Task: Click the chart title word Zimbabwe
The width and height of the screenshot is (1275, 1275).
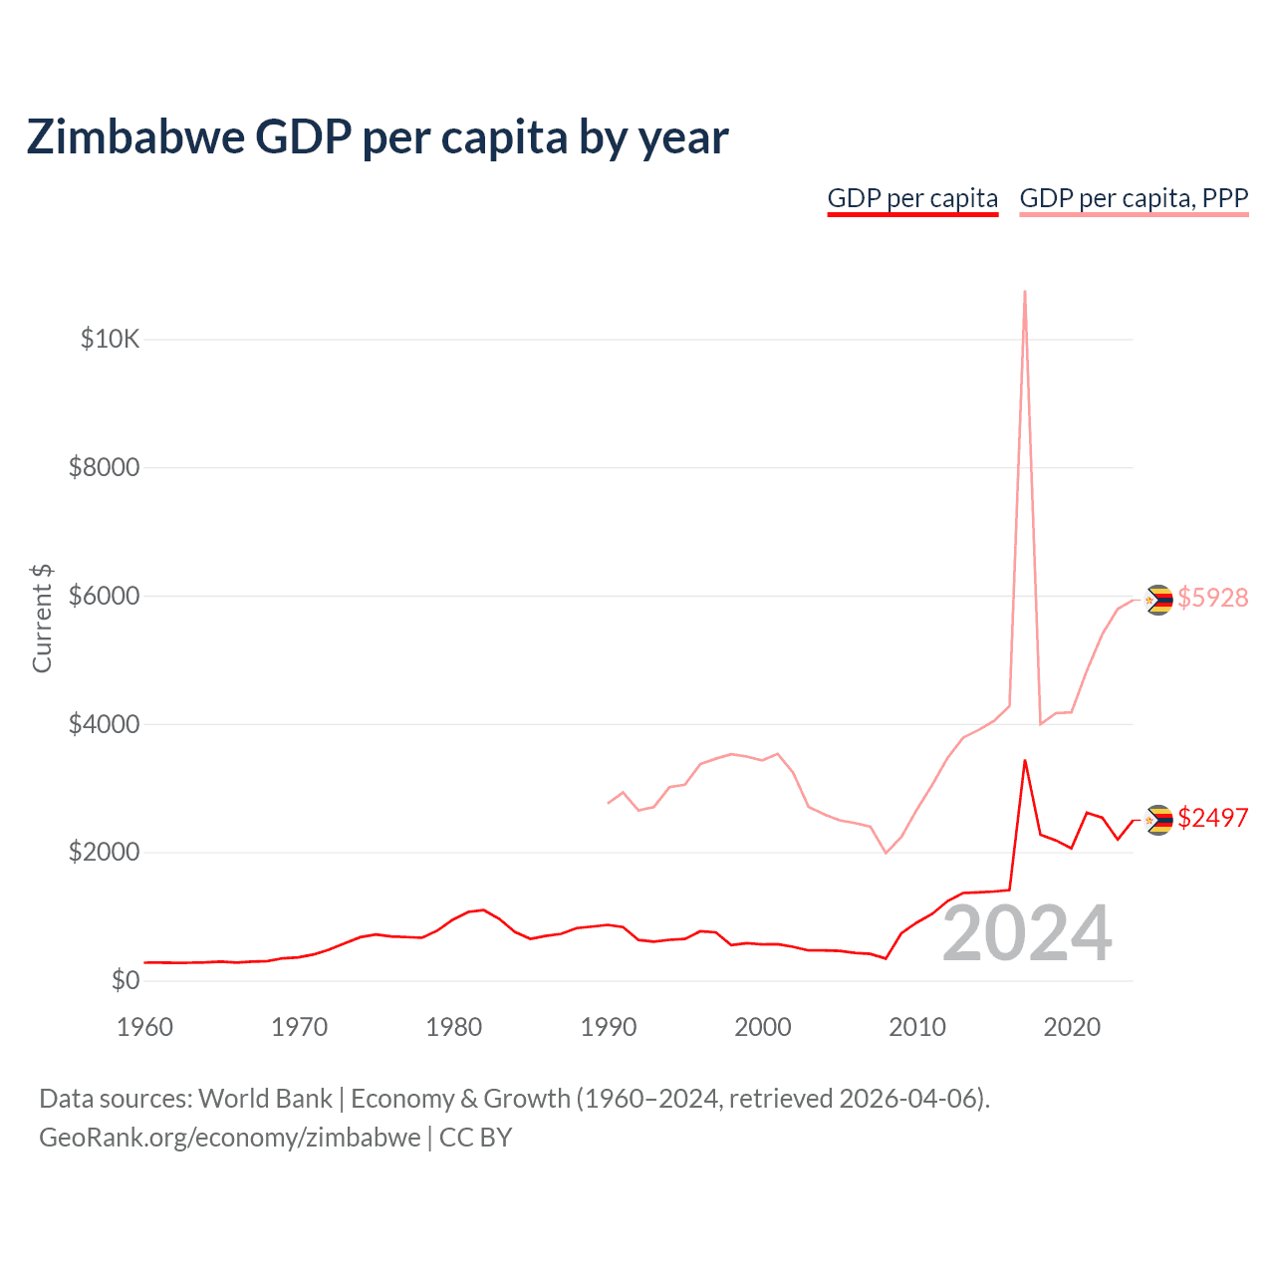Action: [134, 137]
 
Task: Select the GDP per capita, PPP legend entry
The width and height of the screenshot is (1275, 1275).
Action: [1134, 198]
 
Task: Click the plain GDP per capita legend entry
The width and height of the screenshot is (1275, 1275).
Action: [912, 198]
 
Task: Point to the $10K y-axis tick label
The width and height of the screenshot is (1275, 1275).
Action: [110, 340]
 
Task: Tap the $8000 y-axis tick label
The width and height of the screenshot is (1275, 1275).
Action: [104, 467]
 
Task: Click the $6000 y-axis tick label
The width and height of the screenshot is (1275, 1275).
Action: [104, 596]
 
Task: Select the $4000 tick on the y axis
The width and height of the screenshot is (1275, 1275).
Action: [104, 724]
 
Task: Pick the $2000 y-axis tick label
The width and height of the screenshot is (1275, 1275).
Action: [104, 853]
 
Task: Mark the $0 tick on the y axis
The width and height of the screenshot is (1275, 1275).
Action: [125, 980]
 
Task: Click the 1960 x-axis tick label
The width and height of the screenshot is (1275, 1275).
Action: [145, 1027]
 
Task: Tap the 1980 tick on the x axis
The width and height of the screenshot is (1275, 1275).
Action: [454, 1027]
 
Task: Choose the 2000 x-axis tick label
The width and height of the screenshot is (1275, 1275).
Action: [763, 1027]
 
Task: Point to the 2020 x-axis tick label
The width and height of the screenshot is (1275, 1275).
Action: [1072, 1027]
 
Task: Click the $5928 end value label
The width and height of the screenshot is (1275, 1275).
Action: [1212, 598]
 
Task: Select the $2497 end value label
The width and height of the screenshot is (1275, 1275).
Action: [1212, 818]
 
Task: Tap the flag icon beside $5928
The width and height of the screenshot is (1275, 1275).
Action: [1157, 600]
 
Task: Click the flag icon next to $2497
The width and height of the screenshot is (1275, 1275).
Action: [1157, 820]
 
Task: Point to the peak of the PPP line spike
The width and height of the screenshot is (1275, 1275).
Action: [1025, 292]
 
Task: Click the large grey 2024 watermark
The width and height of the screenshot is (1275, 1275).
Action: [1027, 934]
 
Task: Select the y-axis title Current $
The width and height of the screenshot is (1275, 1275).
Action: [42, 618]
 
